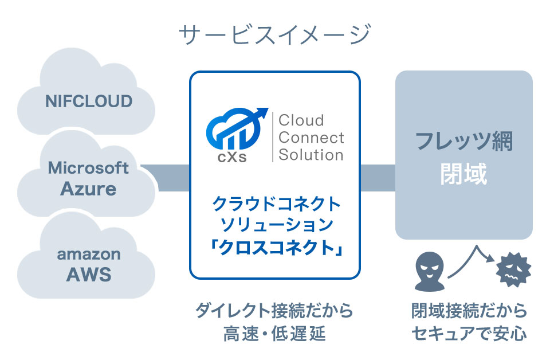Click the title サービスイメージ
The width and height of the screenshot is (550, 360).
[275, 36]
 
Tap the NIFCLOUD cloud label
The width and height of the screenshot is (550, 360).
[89, 101]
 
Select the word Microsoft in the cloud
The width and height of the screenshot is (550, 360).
[88, 167]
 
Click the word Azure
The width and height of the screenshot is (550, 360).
[88, 188]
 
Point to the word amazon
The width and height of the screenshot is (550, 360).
[88, 253]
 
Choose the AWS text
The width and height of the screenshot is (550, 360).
[88, 274]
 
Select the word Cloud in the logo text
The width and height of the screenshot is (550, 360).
[301, 120]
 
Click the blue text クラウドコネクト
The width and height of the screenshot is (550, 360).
[276, 204]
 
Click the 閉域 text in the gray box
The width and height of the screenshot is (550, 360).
[464, 174]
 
